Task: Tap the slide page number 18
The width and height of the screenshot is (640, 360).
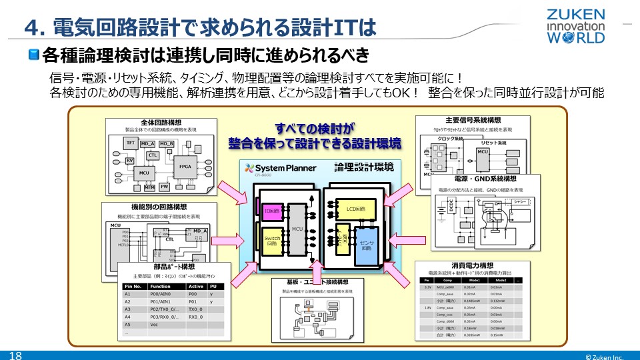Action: pos(15,355)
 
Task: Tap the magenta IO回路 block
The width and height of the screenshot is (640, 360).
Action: pos(272,211)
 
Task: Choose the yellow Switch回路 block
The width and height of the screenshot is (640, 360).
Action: pos(272,241)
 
